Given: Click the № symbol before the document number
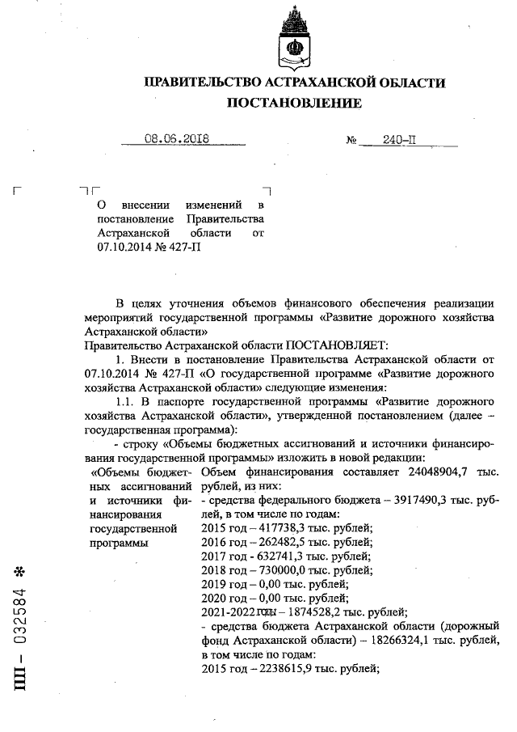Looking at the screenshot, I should coord(351,140).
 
